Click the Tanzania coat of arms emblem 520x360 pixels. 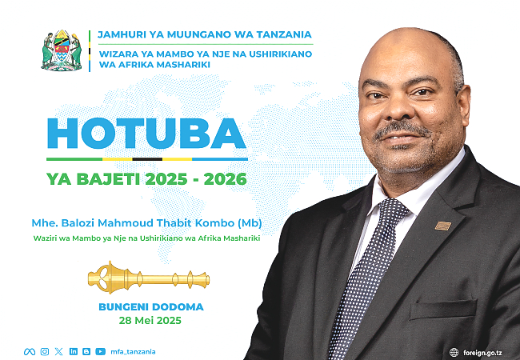[x=62, y=50]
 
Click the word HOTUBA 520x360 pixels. [x=146, y=134]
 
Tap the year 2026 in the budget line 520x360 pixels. [x=225, y=179]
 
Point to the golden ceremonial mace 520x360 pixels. [x=149, y=278]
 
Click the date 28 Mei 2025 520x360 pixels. [x=150, y=321]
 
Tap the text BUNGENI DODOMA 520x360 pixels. [x=151, y=306]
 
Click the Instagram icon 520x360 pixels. [x=45, y=352]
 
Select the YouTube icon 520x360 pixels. [x=101, y=351]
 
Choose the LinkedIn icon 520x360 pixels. [x=74, y=351]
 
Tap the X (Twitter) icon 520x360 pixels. [x=58, y=352]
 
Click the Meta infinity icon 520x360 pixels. [x=30, y=352]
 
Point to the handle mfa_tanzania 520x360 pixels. [x=133, y=352]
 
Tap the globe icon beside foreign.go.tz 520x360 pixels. [x=454, y=352]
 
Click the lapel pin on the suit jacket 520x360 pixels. [x=443, y=226]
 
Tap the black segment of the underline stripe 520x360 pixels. [x=147, y=159]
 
